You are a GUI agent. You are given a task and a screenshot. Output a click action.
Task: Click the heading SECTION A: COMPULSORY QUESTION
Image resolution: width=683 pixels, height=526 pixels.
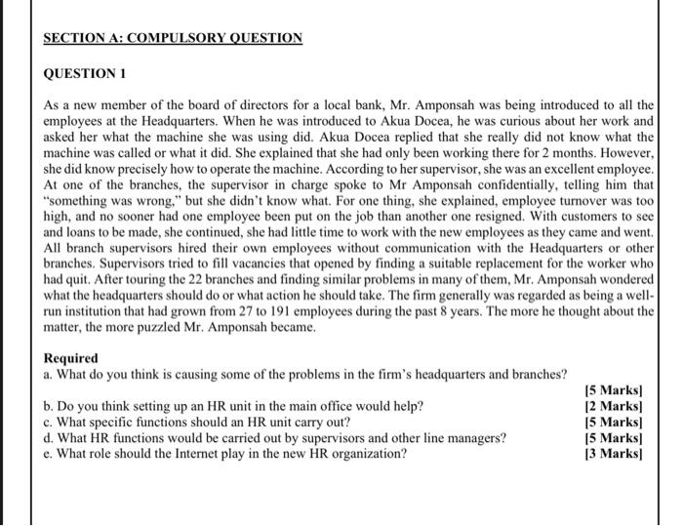(x=173, y=38)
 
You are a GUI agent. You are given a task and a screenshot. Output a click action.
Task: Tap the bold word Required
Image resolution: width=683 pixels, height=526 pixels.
(x=71, y=358)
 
